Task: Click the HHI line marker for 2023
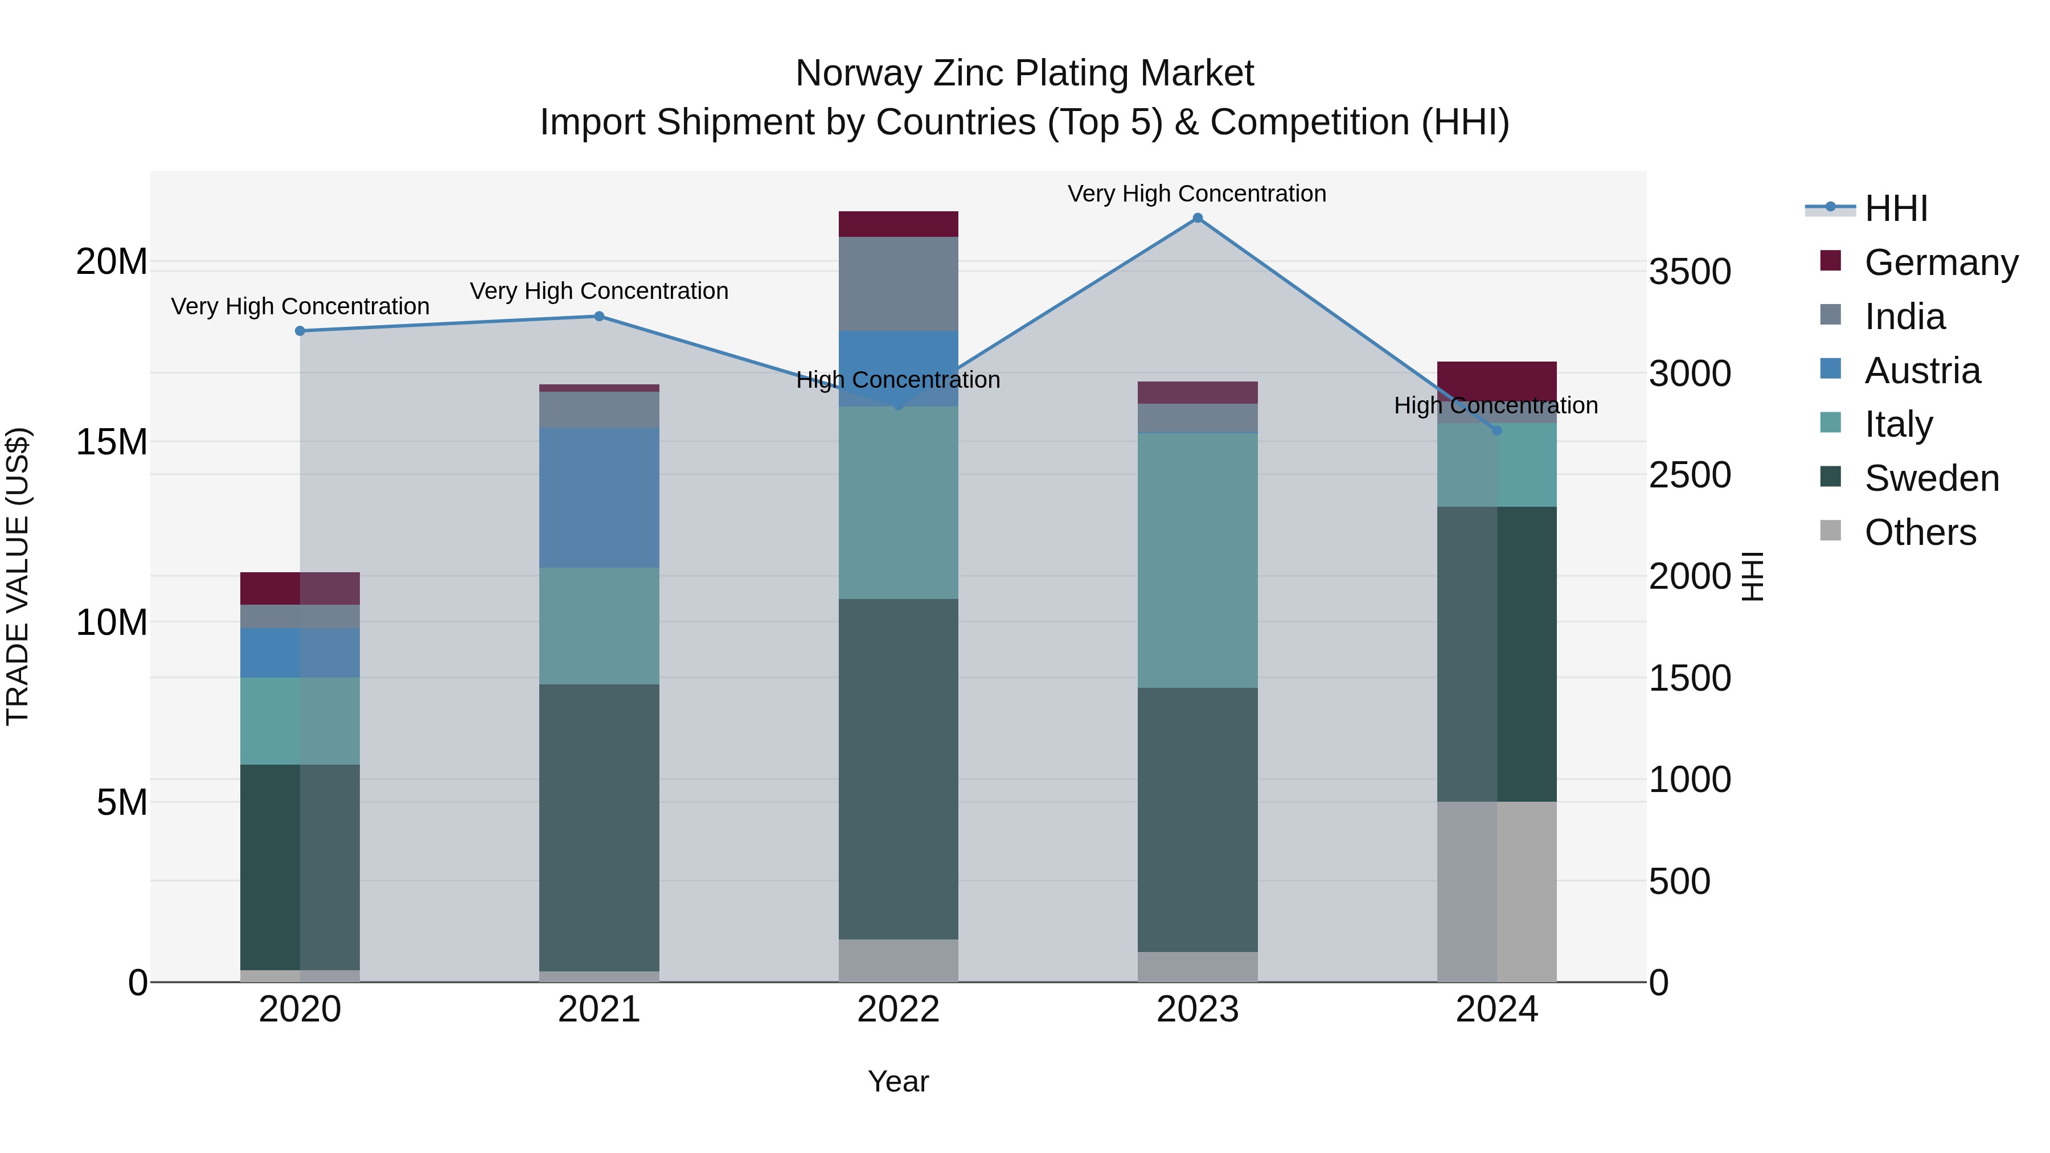1197,218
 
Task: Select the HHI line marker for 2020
300,331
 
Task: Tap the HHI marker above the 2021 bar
599,317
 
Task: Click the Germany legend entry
1940,262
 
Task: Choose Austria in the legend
1921,371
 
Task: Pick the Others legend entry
1920,532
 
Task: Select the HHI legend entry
1896,208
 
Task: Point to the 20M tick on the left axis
112,262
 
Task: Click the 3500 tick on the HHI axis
1690,272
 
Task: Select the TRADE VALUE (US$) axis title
18,576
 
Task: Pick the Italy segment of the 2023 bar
1197,560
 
